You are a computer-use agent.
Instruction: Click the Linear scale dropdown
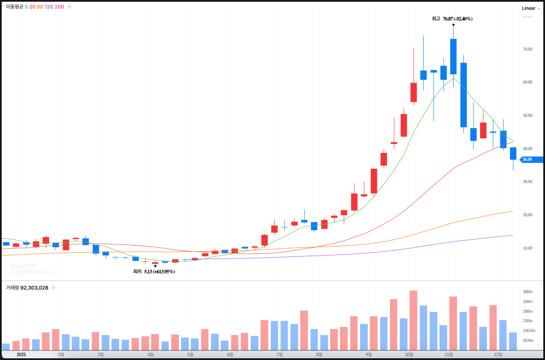point(531,8)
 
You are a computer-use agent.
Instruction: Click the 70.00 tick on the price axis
point(528,49)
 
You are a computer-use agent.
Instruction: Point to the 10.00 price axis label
point(528,248)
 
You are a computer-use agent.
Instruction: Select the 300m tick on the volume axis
point(528,292)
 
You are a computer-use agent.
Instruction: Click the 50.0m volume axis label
point(528,341)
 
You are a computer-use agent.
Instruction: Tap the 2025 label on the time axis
point(21,355)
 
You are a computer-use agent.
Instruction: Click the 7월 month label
point(280,355)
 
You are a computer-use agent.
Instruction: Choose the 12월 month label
point(498,355)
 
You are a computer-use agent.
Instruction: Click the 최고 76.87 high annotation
point(452,19)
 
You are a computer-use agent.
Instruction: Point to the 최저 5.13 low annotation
point(154,271)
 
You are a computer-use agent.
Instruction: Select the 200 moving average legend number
point(59,7)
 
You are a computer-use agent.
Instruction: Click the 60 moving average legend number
point(40,7)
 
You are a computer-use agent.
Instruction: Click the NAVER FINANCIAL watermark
point(31,269)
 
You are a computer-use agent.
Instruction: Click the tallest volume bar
point(413,320)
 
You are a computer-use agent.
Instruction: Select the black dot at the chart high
point(454,25)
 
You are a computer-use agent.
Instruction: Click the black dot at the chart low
point(155,266)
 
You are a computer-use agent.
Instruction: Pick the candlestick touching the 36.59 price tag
point(513,153)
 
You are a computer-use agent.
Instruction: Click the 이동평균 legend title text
point(14,7)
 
